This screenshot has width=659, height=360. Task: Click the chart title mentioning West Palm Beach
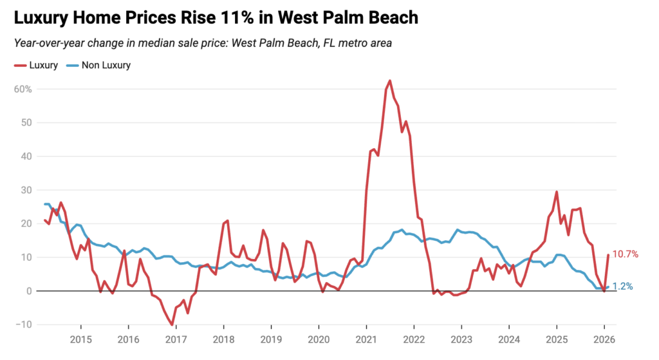pos(216,18)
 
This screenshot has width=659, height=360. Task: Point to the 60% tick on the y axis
pos(23,89)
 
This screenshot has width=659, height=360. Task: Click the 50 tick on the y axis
pos(26,122)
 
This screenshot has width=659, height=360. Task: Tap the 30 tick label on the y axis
pos(26,190)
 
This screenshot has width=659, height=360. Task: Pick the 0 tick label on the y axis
pos(29,291)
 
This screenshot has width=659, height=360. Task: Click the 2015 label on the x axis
pos(80,339)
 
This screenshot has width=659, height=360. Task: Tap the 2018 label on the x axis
pos(223,339)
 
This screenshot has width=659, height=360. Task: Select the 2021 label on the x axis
pos(366,339)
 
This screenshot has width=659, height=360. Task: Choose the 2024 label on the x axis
pos(509,339)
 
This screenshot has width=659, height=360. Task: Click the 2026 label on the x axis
pos(604,339)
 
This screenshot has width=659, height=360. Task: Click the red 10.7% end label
pos(625,254)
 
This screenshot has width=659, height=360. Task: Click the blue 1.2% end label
pos(622,287)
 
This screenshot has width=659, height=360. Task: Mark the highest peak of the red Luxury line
pos(390,81)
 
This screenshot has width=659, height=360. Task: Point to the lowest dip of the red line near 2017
pos(172,325)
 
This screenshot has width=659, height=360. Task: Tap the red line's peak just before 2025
pos(557,192)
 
